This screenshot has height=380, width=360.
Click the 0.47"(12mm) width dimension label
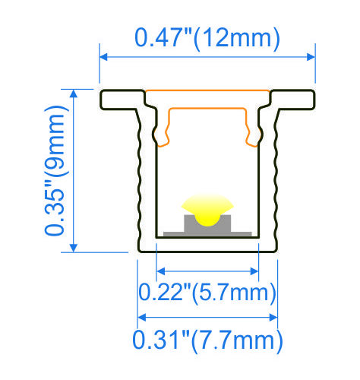(207, 36)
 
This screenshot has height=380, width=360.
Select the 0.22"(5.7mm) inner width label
(207, 292)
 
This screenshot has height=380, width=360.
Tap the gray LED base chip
(207, 226)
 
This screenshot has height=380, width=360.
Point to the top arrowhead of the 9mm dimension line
(74, 93)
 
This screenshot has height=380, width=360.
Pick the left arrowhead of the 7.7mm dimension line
(141, 316)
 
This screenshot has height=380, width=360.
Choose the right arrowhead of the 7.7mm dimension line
(274, 316)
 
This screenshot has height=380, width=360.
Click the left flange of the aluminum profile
(122, 100)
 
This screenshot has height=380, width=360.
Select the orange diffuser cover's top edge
(207, 92)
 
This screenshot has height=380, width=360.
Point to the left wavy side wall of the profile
(139, 175)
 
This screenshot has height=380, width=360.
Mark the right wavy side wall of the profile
(276, 175)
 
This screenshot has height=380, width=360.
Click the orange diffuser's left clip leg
(163, 129)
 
